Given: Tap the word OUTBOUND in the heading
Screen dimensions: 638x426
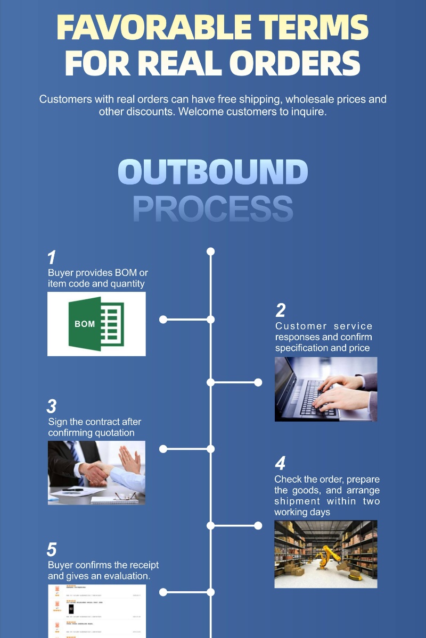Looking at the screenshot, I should (213, 172).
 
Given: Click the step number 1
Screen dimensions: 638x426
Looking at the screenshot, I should (52, 258).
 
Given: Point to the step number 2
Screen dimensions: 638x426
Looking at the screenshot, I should (280, 310).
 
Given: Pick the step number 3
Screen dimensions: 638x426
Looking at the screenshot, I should (52, 407).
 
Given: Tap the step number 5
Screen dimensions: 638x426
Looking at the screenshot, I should (52, 549).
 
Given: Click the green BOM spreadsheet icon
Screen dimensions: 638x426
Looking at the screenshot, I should (96, 323).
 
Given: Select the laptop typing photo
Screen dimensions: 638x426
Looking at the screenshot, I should (326, 389).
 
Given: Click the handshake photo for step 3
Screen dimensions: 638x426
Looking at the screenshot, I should (96, 472).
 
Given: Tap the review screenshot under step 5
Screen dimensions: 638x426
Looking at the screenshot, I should (96, 611).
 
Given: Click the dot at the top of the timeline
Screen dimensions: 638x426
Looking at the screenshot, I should (211, 251).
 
